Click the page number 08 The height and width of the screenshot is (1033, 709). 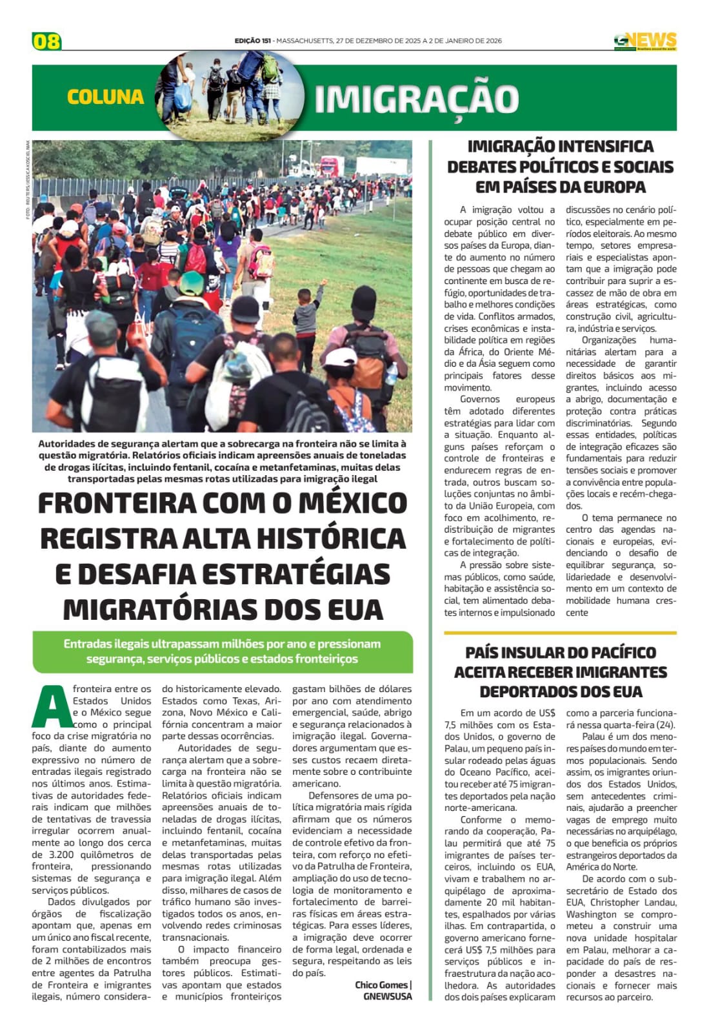(46, 41)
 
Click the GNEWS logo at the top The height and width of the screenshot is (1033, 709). (644, 41)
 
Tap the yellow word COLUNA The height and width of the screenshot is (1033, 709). (105, 97)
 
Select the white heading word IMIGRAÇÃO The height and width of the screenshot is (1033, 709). (416, 99)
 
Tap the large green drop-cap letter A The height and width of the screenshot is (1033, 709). (50, 707)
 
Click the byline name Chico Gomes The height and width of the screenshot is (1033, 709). (381, 985)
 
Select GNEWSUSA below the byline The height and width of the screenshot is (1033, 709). (387, 996)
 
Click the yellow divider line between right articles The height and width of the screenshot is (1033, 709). (560, 633)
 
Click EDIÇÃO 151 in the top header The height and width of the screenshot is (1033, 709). (252, 41)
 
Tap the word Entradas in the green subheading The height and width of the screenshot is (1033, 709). (86, 644)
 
